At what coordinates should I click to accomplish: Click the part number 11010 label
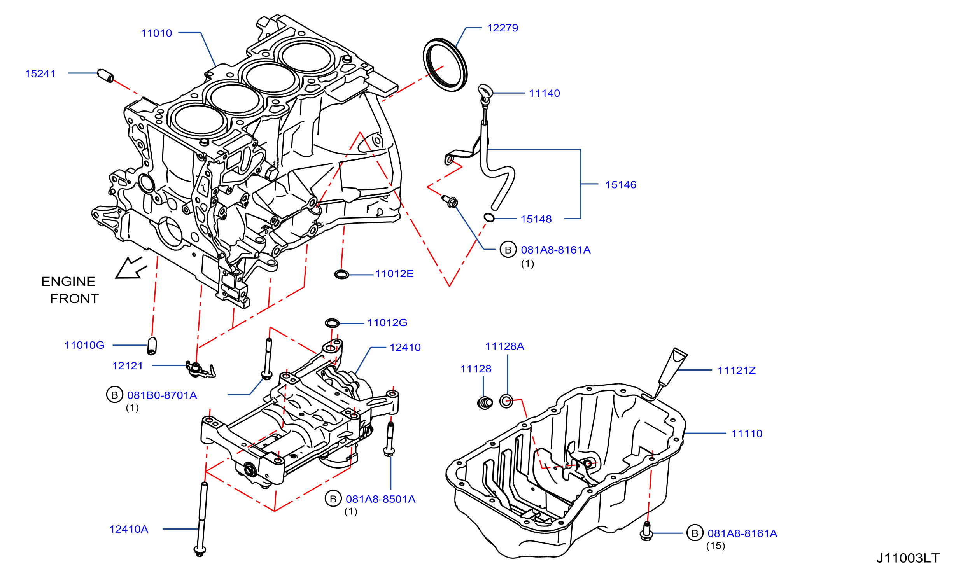[x=156, y=33]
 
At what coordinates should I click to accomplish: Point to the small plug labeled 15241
[x=105, y=75]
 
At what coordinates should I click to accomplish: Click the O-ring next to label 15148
[x=489, y=217]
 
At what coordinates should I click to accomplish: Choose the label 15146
[x=621, y=185]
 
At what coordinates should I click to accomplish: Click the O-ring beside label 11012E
[x=342, y=275]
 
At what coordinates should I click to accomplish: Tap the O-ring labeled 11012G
[x=332, y=323]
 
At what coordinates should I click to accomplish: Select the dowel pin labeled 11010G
[x=152, y=346]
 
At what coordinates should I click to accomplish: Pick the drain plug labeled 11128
[x=485, y=402]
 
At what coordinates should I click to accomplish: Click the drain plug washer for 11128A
[x=506, y=401]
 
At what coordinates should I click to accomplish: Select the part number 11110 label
[x=747, y=434]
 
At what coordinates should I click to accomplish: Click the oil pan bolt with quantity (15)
[x=646, y=531]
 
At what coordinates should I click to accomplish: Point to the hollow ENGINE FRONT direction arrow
[x=131, y=268]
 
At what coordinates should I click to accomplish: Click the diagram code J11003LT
[x=908, y=558]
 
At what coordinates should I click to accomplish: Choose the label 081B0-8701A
[x=162, y=395]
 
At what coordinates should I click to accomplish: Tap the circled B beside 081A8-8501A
[x=333, y=499]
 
